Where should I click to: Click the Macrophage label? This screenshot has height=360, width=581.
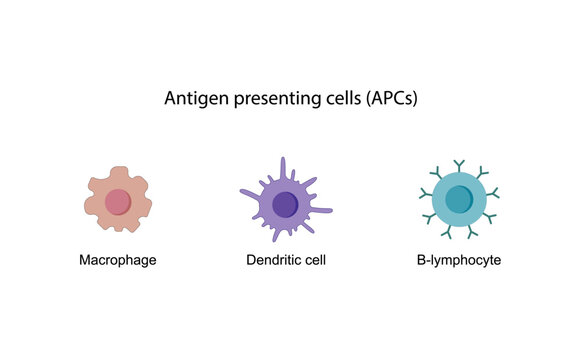point(118,260)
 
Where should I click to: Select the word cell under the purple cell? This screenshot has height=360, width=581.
point(315,260)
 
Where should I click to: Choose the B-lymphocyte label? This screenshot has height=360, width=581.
point(459,260)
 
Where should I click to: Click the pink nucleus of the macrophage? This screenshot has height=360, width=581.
point(118,201)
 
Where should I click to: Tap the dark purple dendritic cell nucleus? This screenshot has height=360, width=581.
point(286,203)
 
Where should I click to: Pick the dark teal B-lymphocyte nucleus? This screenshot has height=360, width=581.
point(459,199)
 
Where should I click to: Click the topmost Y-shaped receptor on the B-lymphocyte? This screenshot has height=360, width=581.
point(459,162)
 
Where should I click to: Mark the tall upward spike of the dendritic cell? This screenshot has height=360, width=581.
point(283,166)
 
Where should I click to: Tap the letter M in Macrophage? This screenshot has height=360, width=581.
point(85,260)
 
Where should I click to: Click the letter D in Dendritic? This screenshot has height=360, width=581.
point(251,260)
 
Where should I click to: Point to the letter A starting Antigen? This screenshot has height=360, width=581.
point(168,100)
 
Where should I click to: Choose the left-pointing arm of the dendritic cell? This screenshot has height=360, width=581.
point(246,192)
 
